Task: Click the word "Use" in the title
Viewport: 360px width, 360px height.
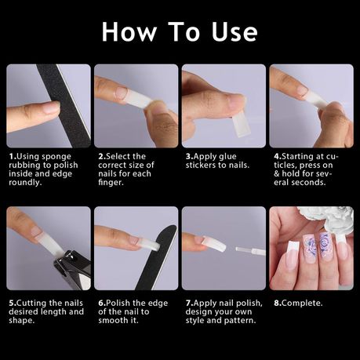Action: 235,32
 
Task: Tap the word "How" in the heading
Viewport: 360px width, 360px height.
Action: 129,32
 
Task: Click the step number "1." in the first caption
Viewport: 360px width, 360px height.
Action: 13,157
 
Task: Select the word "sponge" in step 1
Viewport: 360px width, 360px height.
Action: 56,157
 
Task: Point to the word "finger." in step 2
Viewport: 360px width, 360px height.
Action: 111,182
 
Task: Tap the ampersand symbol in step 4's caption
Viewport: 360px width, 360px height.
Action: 277,174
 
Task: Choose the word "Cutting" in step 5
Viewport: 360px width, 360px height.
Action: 31,304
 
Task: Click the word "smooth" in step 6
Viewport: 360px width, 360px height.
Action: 113,320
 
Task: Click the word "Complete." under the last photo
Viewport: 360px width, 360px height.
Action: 302,304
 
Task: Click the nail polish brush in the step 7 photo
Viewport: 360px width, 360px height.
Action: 250,251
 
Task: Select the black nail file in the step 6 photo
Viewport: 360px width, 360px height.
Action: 156,258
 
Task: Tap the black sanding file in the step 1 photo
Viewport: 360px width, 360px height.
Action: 64,106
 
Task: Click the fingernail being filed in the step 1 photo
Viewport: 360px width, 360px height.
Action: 52,107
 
